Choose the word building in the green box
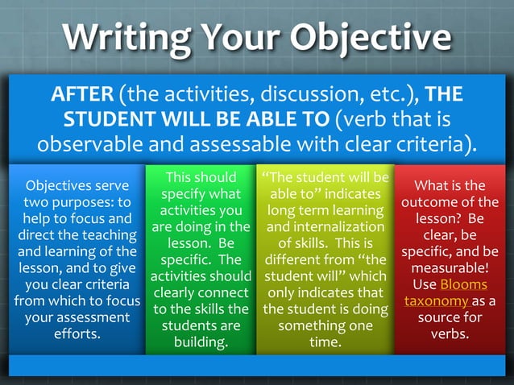tap(201, 342)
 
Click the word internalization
tap(325, 227)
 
